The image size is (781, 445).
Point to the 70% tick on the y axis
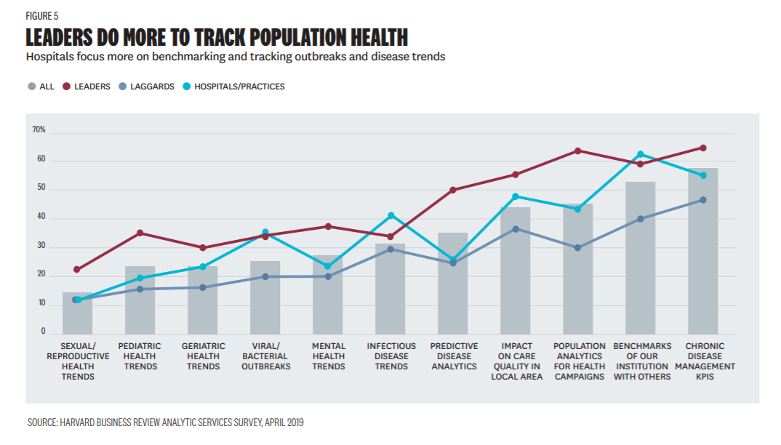click(x=39, y=130)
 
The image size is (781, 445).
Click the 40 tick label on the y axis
click(x=41, y=217)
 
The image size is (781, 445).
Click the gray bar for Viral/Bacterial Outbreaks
click(x=265, y=298)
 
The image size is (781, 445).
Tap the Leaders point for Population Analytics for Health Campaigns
click(x=577, y=151)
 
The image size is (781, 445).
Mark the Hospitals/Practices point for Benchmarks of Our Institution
click(x=640, y=154)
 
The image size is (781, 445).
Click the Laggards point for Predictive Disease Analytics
click(x=452, y=263)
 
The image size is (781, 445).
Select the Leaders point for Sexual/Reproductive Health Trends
click(x=77, y=270)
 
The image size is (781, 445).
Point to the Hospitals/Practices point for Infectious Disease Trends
click(x=390, y=215)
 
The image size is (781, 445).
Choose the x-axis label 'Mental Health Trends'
click(x=328, y=356)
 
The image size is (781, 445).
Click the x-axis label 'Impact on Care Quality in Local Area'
click(x=516, y=361)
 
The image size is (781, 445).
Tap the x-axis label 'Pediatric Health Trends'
click(x=140, y=356)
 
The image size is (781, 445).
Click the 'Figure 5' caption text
click(x=42, y=15)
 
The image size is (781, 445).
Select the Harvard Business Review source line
click(x=165, y=422)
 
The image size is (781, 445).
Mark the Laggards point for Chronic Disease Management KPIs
click(x=702, y=200)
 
